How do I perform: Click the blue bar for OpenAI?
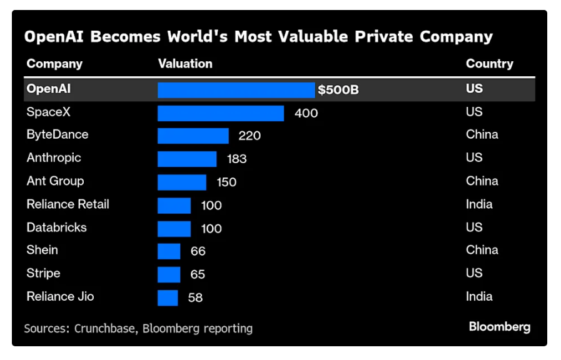(236, 90)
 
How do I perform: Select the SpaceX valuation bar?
(220, 113)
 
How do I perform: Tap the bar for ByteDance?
(193, 136)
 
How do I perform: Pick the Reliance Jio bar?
(168, 297)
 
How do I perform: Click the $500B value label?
(338, 90)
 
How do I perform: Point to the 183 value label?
(236, 159)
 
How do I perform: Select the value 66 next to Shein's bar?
(198, 251)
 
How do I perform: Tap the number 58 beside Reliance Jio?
(195, 297)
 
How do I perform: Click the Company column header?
(54, 64)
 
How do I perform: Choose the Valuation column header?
(185, 64)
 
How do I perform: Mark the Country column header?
(489, 64)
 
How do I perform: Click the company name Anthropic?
(54, 157)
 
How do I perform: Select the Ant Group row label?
(55, 181)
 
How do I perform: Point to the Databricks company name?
(56, 227)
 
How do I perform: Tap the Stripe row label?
(43, 273)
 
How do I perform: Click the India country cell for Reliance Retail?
(479, 204)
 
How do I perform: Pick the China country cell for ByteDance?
(482, 134)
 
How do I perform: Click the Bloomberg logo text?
(499, 327)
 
